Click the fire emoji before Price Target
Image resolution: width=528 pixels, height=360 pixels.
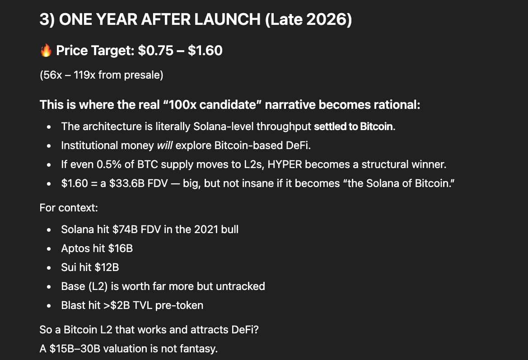pyautogui.click(x=46, y=51)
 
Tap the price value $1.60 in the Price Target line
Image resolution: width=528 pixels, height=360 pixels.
pyautogui.click(x=205, y=50)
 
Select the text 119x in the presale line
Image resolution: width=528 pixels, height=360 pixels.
pyautogui.click(x=83, y=75)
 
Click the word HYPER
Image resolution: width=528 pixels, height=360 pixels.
pyautogui.click(x=285, y=164)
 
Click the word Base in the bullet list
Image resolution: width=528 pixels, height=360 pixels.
pyautogui.click(x=73, y=286)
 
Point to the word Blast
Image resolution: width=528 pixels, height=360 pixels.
pyautogui.click(x=73, y=305)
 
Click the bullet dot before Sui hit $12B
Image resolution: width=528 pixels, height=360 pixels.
pyautogui.click(x=49, y=268)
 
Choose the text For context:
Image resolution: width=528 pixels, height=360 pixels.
pyautogui.click(x=69, y=209)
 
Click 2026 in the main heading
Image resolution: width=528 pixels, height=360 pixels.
pyautogui.click(x=327, y=21)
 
